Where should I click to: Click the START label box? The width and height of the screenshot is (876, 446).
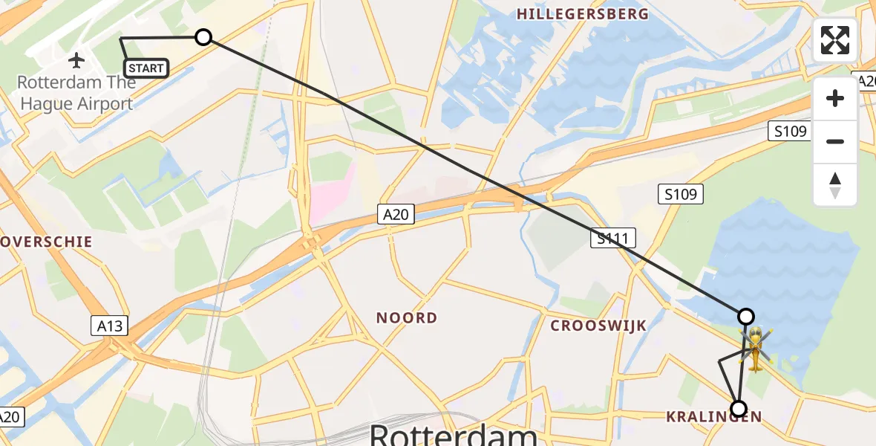pos(146,68)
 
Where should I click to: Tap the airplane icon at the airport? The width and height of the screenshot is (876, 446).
pos(76,59)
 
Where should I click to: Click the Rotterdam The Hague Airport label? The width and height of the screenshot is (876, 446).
pos(76,93)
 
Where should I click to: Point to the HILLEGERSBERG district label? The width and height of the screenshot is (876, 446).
pos(582,14)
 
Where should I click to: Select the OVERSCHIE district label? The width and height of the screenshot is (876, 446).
pos(46,242)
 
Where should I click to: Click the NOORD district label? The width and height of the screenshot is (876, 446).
pos(406,318)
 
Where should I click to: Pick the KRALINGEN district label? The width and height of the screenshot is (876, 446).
pos(713,417)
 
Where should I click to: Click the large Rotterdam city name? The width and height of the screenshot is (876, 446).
pos(453,434)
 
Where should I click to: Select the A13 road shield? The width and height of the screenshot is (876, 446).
pos(110,325)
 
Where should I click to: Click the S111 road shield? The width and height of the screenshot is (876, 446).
pos(613,238)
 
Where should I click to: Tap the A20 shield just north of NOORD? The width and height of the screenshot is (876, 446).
pos(396,215)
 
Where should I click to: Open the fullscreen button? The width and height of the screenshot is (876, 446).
pos(835,40)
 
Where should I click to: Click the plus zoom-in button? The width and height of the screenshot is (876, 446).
pos(835,98)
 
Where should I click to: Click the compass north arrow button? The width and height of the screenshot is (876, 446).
pos(835,184)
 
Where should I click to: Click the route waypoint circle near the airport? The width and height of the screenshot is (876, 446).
pos(203,37)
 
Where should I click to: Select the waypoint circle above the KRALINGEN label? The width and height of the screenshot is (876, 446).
pos(738,408)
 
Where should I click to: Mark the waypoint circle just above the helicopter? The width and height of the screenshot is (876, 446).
pos(745,317)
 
